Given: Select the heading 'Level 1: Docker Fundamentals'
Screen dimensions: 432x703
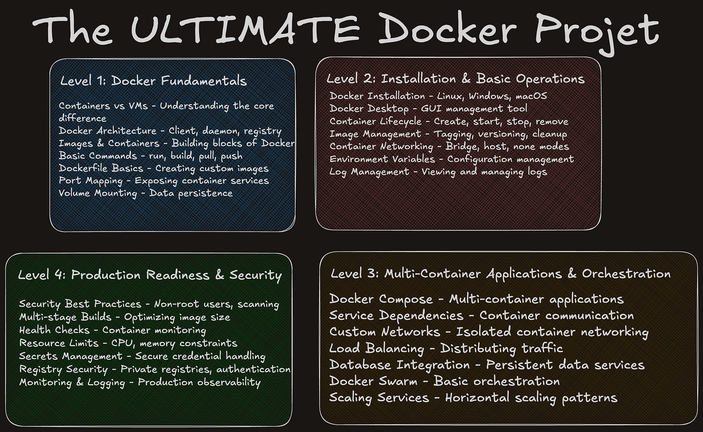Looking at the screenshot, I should click(154, 81).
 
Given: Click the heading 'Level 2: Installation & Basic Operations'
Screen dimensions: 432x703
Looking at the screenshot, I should click(455, 79).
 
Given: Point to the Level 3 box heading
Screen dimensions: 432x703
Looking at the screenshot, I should click(500, 274).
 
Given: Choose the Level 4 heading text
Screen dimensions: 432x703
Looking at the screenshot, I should click(150, 275).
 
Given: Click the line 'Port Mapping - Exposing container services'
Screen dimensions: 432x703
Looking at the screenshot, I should click(164, 181).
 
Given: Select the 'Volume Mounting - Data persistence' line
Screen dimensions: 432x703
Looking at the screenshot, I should click(145, 193).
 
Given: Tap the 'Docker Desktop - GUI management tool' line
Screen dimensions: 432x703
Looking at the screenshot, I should click(428, 108).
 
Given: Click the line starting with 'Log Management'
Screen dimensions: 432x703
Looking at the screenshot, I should click(438, 172).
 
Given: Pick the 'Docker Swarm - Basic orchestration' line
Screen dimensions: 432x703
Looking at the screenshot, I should click(444, 381).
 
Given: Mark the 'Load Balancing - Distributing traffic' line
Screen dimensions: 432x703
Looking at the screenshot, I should click(446, 348).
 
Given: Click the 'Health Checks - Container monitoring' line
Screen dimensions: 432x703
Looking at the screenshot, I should click(112, 330).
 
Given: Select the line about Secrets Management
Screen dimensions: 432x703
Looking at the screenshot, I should click(142, 356).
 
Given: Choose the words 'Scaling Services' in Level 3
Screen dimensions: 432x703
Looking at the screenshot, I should click(379, 398).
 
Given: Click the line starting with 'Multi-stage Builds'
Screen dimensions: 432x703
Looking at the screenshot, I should click(125, 317).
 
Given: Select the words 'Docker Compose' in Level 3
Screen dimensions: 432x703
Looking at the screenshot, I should click(381, 299).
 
